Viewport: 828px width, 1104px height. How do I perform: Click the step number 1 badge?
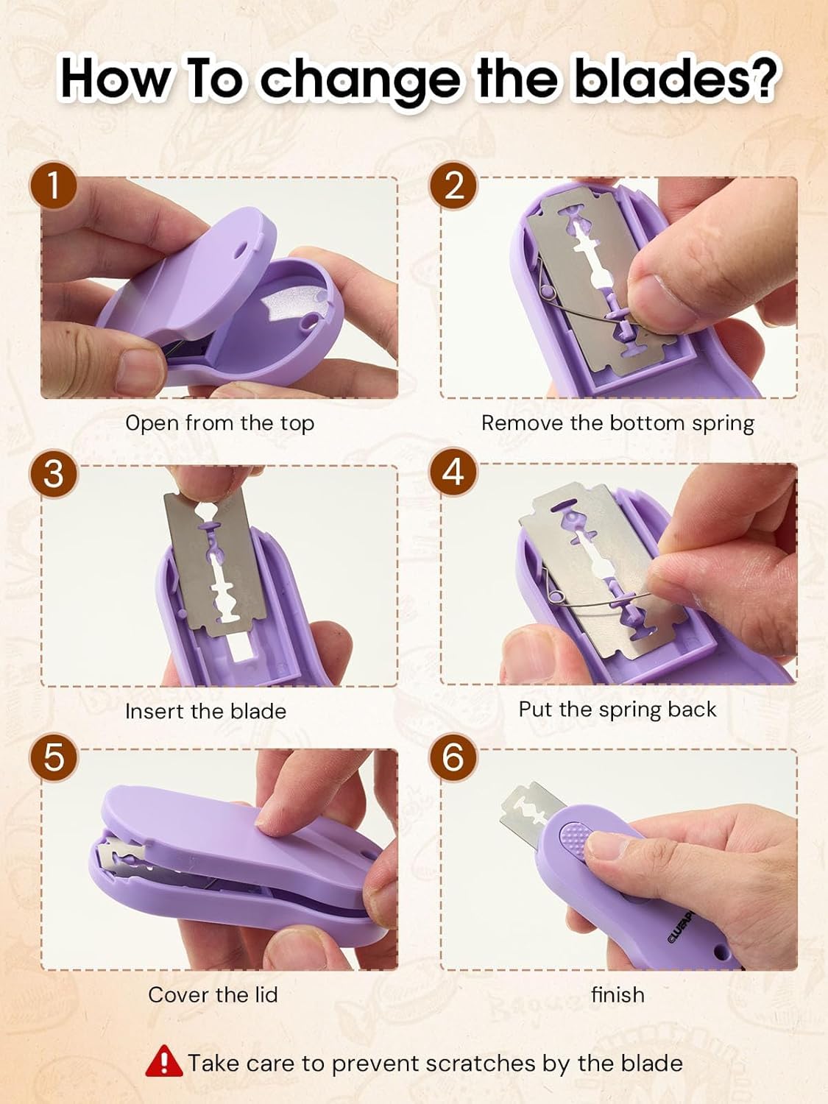coord(53,185)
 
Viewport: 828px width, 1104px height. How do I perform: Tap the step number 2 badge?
coord(454,185)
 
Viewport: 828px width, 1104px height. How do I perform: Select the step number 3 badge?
coord(53,473)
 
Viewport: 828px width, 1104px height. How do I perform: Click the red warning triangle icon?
coord(163,1061)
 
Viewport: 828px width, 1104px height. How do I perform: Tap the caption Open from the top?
coord(219,423)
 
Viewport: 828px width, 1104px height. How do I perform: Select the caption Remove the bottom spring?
coord(618,423)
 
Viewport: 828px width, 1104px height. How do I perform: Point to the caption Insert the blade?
coord(205,711)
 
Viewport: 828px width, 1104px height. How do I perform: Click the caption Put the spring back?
coord(617,710)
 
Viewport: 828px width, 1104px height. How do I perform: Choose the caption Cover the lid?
coord(213,995)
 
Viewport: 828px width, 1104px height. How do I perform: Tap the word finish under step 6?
coord(618,995)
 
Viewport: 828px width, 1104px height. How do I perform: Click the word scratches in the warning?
coord(481,1064)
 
